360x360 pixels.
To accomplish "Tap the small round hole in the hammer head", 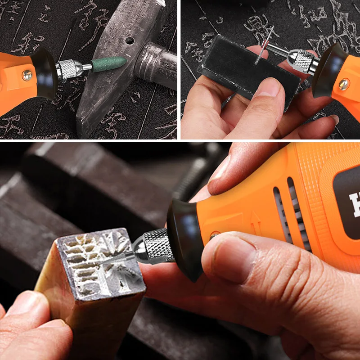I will [130, 41].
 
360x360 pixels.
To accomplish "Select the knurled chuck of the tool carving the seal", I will [155, 246].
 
